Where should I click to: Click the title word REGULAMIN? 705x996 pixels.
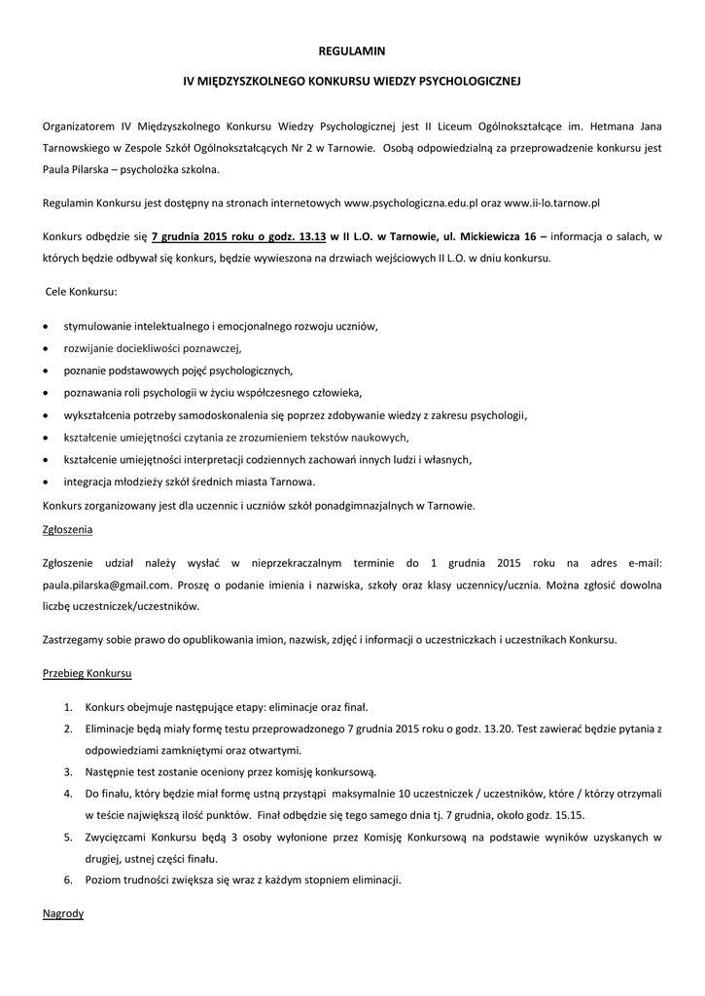coord(352,49)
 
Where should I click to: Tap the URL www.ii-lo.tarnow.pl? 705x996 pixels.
coord(551,202)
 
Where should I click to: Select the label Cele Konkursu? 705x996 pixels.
coord(82,292)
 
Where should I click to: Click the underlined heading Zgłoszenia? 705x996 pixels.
coord(68,530)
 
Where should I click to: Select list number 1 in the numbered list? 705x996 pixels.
coord(68,707)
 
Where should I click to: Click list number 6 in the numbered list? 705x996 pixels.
coord(68,880)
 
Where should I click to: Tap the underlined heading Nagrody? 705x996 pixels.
coord(63,914)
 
